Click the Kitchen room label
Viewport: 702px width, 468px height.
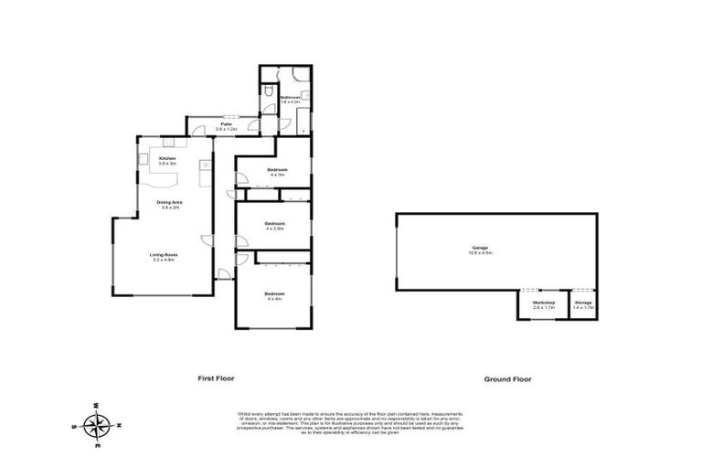(x=167, y=158)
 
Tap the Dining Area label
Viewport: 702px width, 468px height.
(x=167, y=202)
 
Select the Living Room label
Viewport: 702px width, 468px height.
(x=164, y=254)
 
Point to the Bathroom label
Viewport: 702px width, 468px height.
(x=291, y=97)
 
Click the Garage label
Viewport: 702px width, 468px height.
(x=480, y=247)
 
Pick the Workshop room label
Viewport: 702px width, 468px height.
(x=544, y=303)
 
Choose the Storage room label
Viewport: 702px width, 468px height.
(x=583, y=303)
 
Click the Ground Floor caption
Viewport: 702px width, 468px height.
(x=508, y=378)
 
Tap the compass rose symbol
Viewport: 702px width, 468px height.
(x=97, y=425)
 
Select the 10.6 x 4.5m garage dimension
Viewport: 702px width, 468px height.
(x=480, y=253)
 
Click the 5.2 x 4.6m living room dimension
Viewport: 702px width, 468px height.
(x=164, y=260)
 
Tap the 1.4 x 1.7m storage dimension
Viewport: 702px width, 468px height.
(x=583, y=308)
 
